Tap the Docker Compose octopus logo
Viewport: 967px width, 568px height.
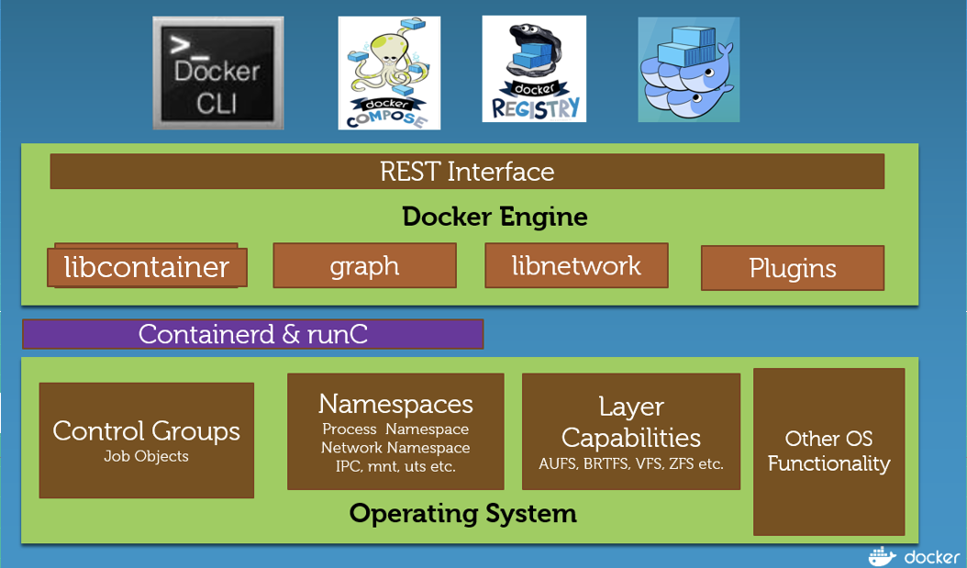[x=389, y=73]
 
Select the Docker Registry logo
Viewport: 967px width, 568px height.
[x=534, y=70]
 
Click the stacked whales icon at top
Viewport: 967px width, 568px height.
[x=689, y=70]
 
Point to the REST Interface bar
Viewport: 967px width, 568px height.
[x=467, y=172]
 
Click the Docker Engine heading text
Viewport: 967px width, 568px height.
[x=495, y=217]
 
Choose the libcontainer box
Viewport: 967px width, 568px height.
[x=147, y=267]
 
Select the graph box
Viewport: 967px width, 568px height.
[x=364, y=266]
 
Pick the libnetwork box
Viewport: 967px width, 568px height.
[x=576, y=266]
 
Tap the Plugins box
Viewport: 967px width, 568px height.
[x=793, y=268]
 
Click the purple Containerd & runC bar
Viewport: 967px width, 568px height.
[x=253, y=334]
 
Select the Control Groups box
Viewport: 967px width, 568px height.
[x=147, y=440]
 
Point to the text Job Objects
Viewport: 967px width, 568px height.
[x=147, y=456]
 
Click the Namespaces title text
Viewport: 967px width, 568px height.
[x=395, y=404]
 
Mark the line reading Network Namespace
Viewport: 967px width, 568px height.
[x=395, y=448]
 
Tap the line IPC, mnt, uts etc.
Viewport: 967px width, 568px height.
[x=395, y=466]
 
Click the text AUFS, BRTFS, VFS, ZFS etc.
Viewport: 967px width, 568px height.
[x=631, y=463]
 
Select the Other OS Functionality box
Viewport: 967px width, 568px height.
[x=828, y=451]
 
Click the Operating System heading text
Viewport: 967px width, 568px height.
[x=463, y=513]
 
